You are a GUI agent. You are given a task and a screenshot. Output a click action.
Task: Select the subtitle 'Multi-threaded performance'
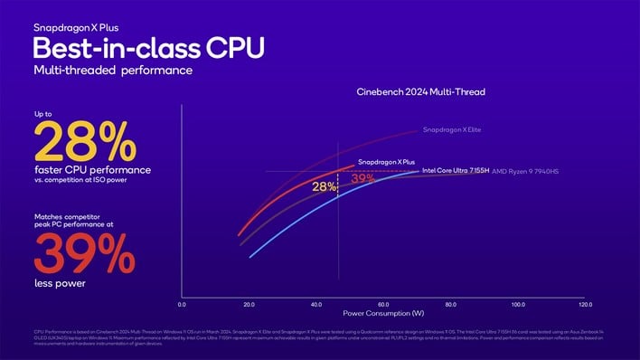tap(112, 70)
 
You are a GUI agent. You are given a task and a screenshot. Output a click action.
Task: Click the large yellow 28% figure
tap(86, 142)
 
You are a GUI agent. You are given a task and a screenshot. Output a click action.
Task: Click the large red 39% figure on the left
tap(87, 254)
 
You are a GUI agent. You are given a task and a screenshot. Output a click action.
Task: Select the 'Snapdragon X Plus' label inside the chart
tap(386, 161)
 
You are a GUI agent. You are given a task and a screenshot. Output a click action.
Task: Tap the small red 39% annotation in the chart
tap(362, 177)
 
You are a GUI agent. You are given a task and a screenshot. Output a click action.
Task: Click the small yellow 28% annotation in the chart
tap(324, 186)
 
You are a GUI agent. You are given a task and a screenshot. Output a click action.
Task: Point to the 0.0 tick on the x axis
tap(182, 305)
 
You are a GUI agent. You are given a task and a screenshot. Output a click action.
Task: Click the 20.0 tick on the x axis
tap(249, 305)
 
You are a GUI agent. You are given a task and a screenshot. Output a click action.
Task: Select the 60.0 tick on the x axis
tap(383, 305)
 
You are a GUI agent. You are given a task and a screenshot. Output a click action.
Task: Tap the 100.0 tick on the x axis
tap(518, 305)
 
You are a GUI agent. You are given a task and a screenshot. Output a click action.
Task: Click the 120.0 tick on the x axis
tap(585, 305)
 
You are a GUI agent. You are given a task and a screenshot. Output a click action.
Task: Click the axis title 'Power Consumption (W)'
tap(383, 314)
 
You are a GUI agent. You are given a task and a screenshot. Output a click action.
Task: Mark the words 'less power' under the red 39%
tap(59, 283)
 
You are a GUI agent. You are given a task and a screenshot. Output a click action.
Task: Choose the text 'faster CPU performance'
tap(91, 169)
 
